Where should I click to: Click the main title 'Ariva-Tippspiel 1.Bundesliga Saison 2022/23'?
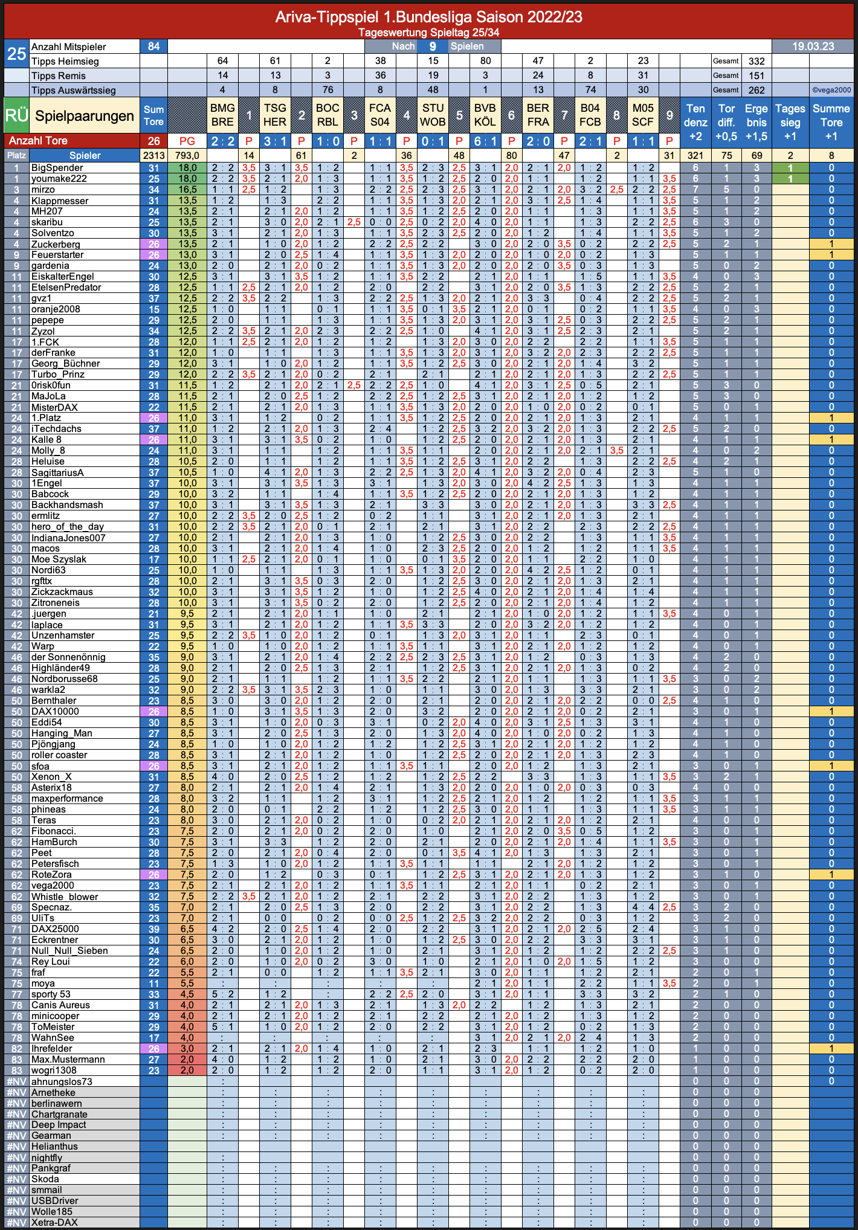428,17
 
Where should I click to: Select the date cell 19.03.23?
813,47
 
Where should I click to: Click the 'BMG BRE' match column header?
222,115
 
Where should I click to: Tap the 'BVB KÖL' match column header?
485,115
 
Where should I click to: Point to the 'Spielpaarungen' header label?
85,116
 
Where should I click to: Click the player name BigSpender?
57,168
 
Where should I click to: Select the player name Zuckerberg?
56,244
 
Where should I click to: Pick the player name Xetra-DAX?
54,1223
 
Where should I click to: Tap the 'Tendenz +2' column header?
695,122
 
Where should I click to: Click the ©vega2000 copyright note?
831,90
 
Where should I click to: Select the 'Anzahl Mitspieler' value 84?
153,47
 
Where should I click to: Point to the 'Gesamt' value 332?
756,61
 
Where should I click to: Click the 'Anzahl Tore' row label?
38,141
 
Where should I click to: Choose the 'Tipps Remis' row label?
59,76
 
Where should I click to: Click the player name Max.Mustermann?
68,1060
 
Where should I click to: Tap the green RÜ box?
16,115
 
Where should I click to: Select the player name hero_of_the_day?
68,527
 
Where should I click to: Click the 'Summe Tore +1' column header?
831,122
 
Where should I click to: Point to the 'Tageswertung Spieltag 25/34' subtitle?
428,33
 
